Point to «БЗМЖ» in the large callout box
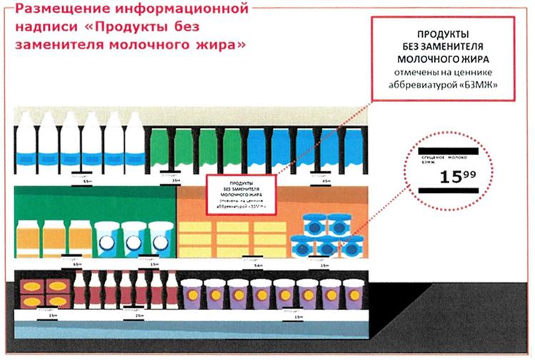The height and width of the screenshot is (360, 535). click(482, 84)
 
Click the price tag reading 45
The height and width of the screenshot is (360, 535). click(323, 181)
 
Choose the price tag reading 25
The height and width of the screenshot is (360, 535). click(136, 314)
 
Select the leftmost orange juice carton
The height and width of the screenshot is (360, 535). click(28, 238)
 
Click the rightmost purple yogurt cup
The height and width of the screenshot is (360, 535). click(352, 294)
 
